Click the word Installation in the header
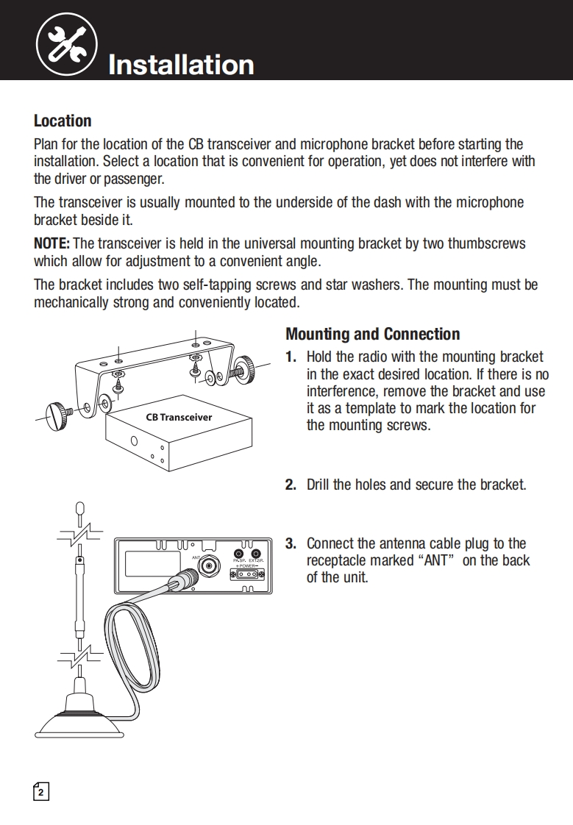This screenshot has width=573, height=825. pyautogui.click(x=181, y=65)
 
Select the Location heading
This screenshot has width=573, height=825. pyautogui.click(x=63, y=121)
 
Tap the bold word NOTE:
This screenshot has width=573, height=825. pyautogui.click(x=51, y=243)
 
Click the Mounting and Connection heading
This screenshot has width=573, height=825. pyautogui.click(x=372, y=334)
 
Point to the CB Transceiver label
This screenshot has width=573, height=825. pyautogui.click(x=179, y=417)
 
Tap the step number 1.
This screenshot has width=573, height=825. pyautogui.click(x=291, y=357)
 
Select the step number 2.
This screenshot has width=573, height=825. pyautogui.click(x=291, y=485)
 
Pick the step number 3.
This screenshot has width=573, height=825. pyautogui.click(x=291, y=544)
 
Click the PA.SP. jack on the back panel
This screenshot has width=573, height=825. pyautogui.click(x=239, y=554)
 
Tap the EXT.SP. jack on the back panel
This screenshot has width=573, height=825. pyautogui.click(x=255, y=554)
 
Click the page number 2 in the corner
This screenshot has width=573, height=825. pyautogui.click(x=42, y=792)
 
